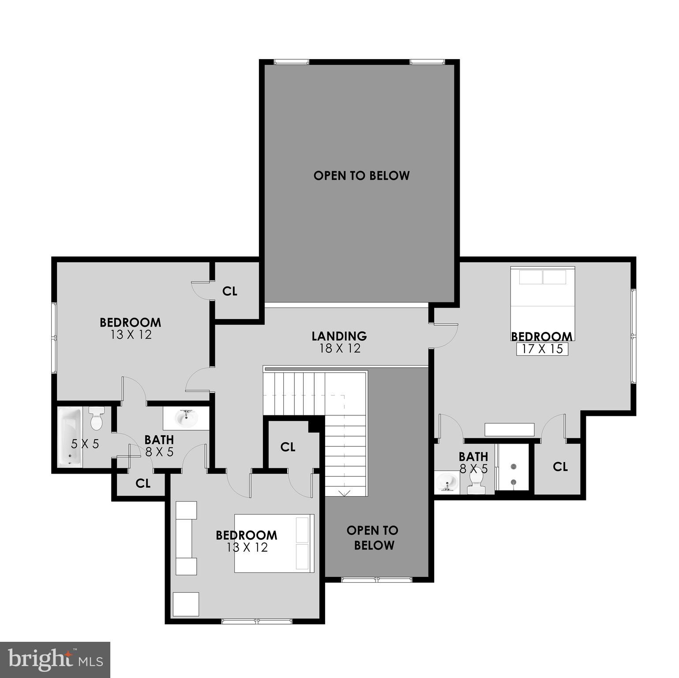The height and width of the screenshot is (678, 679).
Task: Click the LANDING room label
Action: [339, 336]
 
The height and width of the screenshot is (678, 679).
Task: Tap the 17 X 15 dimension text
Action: [542, 349]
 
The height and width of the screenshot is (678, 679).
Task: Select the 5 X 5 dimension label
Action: [85, 444]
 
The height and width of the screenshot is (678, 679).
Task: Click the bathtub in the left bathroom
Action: [70, 437]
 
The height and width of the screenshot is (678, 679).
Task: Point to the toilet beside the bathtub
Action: [96, 418]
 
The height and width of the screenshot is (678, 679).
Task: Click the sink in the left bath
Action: [186, 418]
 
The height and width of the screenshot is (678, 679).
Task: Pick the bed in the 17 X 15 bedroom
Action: [543, 300]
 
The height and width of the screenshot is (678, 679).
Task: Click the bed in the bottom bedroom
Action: [274, 543]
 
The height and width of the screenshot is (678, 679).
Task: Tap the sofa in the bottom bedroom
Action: [186, 538]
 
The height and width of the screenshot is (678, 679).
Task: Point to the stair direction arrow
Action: [344, 493]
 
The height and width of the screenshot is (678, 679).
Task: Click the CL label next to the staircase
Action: [288, 447]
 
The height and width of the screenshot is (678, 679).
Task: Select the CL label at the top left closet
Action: [230, 291]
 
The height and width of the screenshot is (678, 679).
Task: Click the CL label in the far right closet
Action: [560, 467]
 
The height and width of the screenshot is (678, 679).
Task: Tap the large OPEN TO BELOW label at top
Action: [361, 176]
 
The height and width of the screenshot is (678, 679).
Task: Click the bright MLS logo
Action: [55, 660]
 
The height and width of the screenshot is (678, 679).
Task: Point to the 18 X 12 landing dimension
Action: [340, 349]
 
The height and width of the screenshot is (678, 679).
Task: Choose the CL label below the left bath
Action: [143, 483]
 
